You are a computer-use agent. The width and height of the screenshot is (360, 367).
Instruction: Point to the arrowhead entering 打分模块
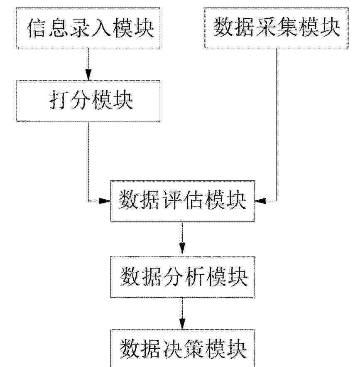[x=88, y=75]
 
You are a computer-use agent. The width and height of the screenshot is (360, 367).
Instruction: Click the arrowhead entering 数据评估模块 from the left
[x=105, y=201]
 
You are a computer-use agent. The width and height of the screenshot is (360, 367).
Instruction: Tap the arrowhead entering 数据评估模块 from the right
[x=260, y=201]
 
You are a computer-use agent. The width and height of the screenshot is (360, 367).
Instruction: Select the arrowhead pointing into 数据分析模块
[x=182, y=248]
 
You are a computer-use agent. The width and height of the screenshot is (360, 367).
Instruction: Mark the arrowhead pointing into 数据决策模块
[x=182, y=324]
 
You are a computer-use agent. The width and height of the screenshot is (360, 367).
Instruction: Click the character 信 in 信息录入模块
[x=36, y=28]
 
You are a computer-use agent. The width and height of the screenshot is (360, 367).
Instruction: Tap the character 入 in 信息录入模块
[x=100, y=28]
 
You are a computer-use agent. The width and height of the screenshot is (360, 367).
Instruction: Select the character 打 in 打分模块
[x=59, y=101]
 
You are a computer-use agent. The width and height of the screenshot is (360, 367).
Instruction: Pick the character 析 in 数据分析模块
[x=196, y=276]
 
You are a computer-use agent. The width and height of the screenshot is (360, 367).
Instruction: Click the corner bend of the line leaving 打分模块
[x=88, y=201]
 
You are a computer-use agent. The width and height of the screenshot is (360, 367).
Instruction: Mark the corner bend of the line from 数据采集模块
[x=277, y=201]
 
